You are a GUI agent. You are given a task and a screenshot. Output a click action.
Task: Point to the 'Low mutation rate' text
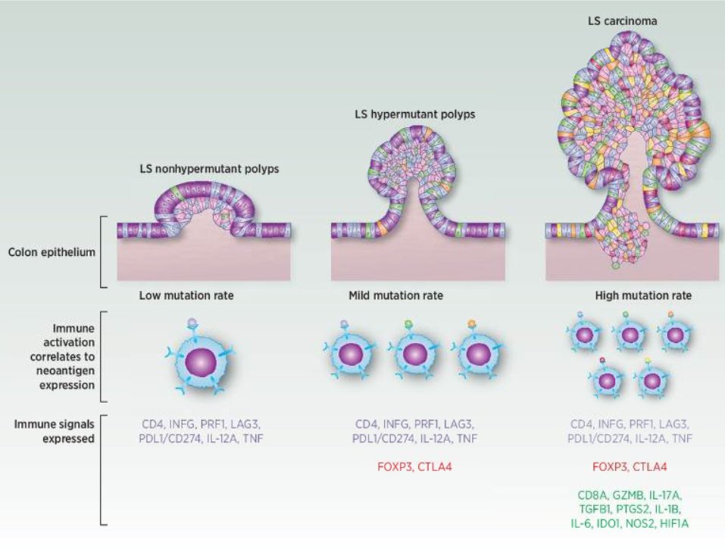click(x=186, y=295)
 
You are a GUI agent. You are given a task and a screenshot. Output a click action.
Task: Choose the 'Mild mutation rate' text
click(x=396, y=295)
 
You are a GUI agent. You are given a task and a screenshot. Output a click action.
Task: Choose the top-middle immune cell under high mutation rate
click(x=628, y=334)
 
